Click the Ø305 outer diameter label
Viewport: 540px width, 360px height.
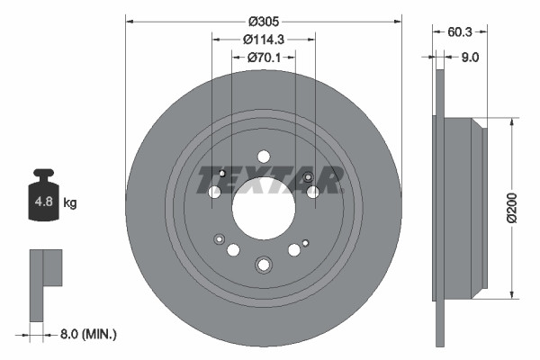click(263, 21)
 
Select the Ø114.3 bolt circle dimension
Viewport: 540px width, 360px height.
click(263, 40)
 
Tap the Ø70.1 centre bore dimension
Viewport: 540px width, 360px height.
click(263, 58)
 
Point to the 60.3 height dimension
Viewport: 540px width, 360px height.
click(461, 31)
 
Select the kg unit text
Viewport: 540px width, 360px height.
click(70, 203)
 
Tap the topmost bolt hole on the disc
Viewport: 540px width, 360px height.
click(263, 157)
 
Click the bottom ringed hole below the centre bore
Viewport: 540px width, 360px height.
click(263, 265)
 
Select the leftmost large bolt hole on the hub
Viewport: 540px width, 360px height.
click(214, 192)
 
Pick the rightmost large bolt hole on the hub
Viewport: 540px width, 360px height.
click(312, 192)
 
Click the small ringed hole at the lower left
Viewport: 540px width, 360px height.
click(219, 239)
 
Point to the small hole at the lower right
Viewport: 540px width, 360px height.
click(306, 242)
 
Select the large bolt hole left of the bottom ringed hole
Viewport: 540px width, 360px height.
click(233, 250)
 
